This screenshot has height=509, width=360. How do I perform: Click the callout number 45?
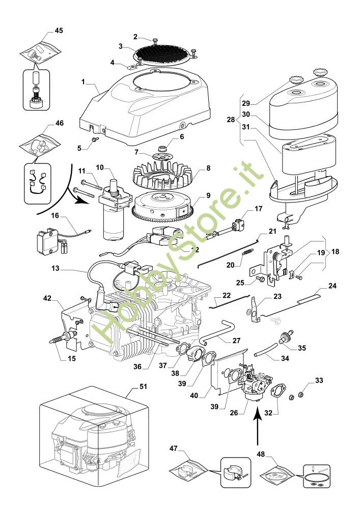[59, 31]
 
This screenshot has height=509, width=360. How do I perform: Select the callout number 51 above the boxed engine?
[143, 386]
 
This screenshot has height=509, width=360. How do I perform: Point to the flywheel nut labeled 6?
[162, 149]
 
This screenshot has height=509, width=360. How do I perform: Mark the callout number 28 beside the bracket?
[231, 120]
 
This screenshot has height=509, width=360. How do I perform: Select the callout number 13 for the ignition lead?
[56, 268]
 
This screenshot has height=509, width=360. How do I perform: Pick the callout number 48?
[261, 454]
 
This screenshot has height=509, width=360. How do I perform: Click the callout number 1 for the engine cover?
[83, 82]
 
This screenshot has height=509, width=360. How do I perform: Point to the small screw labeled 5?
[95, 139]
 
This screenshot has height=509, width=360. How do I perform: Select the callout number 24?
[332, 286]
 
